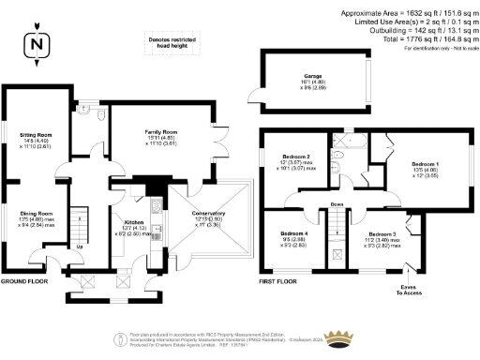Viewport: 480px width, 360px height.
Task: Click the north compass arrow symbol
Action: pyautogui.click(x=37, y=43)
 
